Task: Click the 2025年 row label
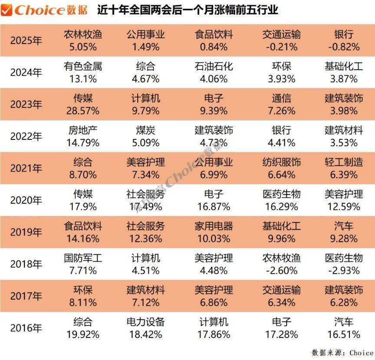[26, 41]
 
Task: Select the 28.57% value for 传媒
[83, 111]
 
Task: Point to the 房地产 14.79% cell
[83, 136]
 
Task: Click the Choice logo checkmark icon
[7, 10]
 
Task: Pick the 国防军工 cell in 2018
[83, 264]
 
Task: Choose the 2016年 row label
[26, 328]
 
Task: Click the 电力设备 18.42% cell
[146, 328]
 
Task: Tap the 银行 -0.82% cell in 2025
[344, 41]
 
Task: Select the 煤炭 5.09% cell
[146, 136]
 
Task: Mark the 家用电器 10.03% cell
[214, 232]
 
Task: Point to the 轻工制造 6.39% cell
[344, 168]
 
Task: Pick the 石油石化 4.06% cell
[214, 73]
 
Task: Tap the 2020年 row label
[26, 201]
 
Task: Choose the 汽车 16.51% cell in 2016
[344, 328]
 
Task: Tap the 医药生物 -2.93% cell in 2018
[344, 264]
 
